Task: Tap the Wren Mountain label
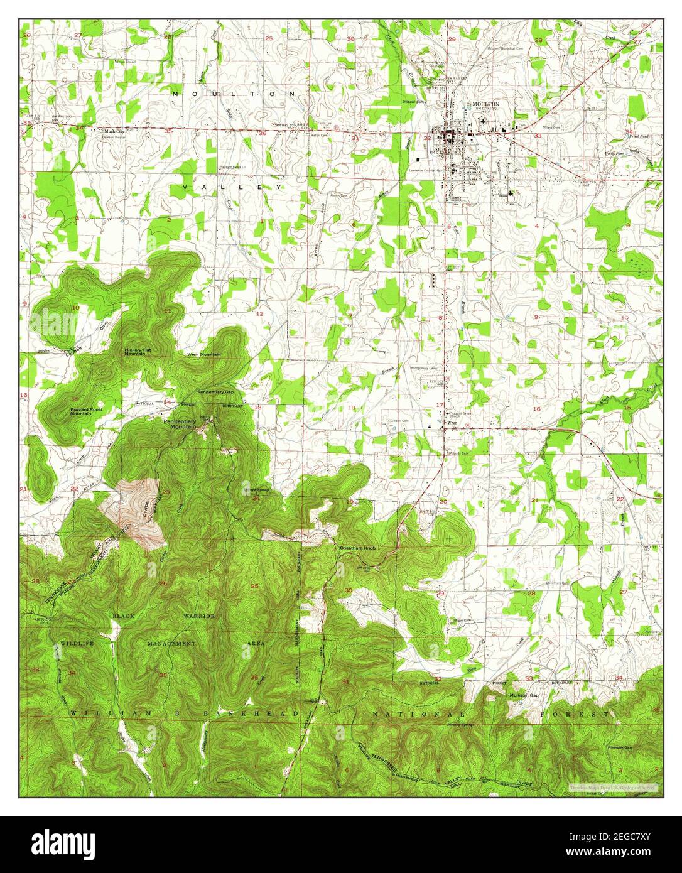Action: [203, 355]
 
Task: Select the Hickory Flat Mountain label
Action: [139, 352]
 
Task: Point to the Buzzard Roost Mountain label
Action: [86, 411]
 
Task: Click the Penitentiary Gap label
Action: [215, 392]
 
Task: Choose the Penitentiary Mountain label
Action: [180, 423]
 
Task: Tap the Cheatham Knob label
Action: [357, 548]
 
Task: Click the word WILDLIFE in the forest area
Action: [77, 644]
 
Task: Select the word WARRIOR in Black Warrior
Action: [199, 616]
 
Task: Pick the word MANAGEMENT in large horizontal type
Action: [171, 644]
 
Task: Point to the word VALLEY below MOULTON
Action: [232, 187]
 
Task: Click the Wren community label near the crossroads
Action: [450, 423]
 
